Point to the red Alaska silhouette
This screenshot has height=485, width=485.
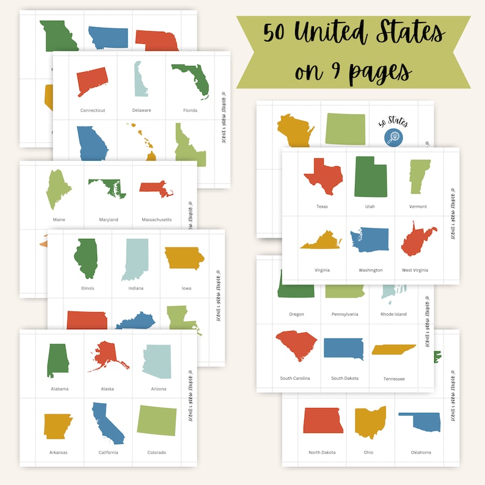pos(109,357)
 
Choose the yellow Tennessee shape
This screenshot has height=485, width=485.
pos(393,349)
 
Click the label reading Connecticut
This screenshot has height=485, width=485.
pos(93,111)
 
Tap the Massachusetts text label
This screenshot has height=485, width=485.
pos(156,219)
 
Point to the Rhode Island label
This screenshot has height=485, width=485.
pos(393,315)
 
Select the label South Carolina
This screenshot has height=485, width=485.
pos(295,378)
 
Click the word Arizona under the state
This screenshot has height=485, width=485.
pos(158,389)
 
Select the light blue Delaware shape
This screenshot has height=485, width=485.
pos(140,79)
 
